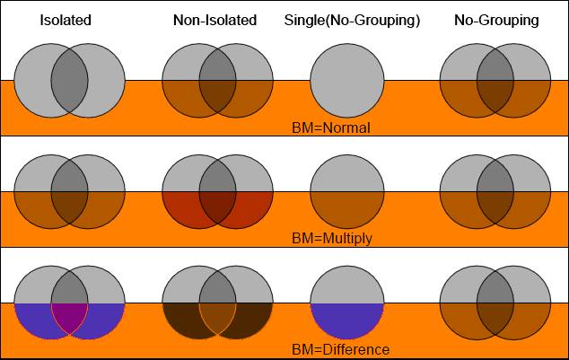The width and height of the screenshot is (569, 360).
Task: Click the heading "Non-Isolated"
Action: pyautogui.click(x=214, y=20)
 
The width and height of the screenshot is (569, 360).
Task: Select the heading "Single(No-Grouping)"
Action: pyautogui.click(x=352, y=20)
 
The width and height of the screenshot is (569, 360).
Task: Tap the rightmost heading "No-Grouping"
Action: pyautogui.click(x=496, y=20)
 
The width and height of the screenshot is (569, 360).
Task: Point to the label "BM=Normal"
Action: pyautogui.click(x=331, y=127)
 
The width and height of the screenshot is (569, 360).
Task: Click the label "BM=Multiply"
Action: pyautogui.click(x=331, y=239)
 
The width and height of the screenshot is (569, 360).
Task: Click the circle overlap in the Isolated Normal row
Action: pyautogui.click(x=70, y=81)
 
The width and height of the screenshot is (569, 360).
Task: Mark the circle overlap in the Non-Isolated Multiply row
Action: pyautogui.click(x=217, y=191)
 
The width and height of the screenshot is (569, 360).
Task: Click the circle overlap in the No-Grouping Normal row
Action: pyautogui.click(x=495, y=81)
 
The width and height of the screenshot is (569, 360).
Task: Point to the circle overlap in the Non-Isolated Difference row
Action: pyautogui.click(x=217, y=303)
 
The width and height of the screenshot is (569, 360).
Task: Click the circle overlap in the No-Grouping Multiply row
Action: pyautogui.click(x=495, y=191)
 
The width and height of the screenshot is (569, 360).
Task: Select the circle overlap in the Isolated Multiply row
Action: pyautogui.click(x=70, y=191)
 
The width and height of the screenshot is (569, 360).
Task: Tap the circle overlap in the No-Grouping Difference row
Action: pyautogui.click(x=495, y=303)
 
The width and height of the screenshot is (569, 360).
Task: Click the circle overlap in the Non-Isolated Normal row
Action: pyautogui.click(x=217, y=81)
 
